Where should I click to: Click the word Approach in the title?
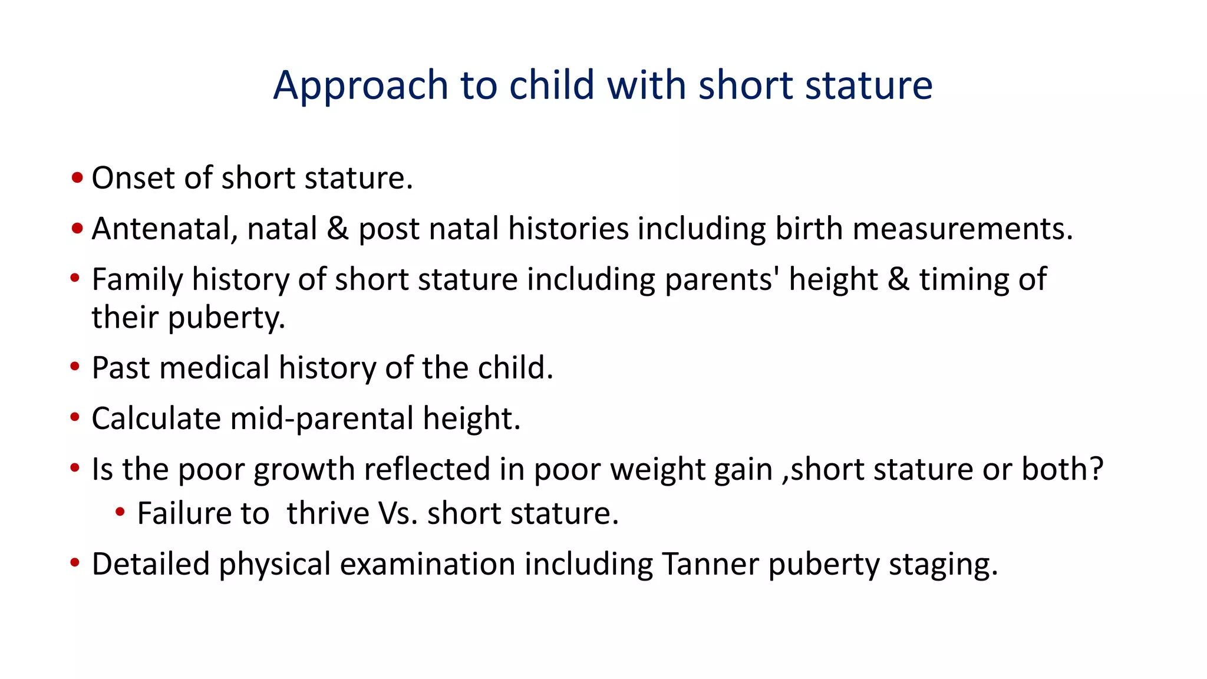(x=361, y=86)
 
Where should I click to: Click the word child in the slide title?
(x=552, y=85)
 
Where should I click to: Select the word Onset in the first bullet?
(x=134, y=178)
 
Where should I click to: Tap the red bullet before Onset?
(x=77, y=177)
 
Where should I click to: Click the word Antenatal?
(x=164, y=229)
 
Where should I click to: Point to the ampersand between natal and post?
(x=338, y=229)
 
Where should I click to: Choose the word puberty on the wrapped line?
(x=226, y=318)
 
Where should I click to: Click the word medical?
(x=215, y=368)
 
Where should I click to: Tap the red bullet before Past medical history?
(x=75, y=367)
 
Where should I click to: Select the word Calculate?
(x=156, y=419)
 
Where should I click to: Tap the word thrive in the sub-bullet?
(x=328, y=513)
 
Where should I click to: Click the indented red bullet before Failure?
(x=120, y=512)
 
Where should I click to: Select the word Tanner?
(x=710, y=564)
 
